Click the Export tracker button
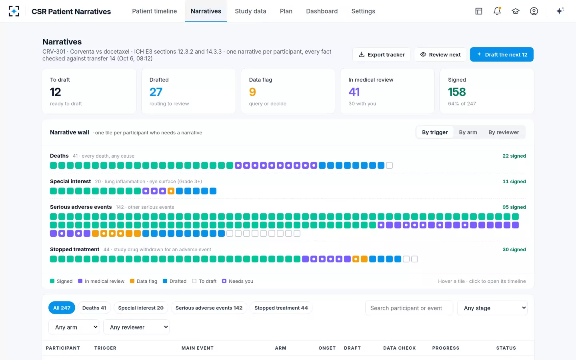[381, 54]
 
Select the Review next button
[440, 54]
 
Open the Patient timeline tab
[154, 11]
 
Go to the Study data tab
[250, 11]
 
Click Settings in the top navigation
[363, 11]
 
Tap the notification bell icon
[497, 11]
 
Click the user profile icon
[534, 11]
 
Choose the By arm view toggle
[468, 132]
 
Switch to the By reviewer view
[504, 132]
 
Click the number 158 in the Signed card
[457, 92]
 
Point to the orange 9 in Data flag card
[252, 92]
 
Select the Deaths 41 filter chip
[94, 308]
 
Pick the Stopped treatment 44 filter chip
[281, 308]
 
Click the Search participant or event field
[409, 308]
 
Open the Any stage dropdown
[492, 308]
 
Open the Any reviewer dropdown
[136, 327]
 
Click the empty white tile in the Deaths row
[390, 165]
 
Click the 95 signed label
[514, 207]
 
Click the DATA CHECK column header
[399, 348]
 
